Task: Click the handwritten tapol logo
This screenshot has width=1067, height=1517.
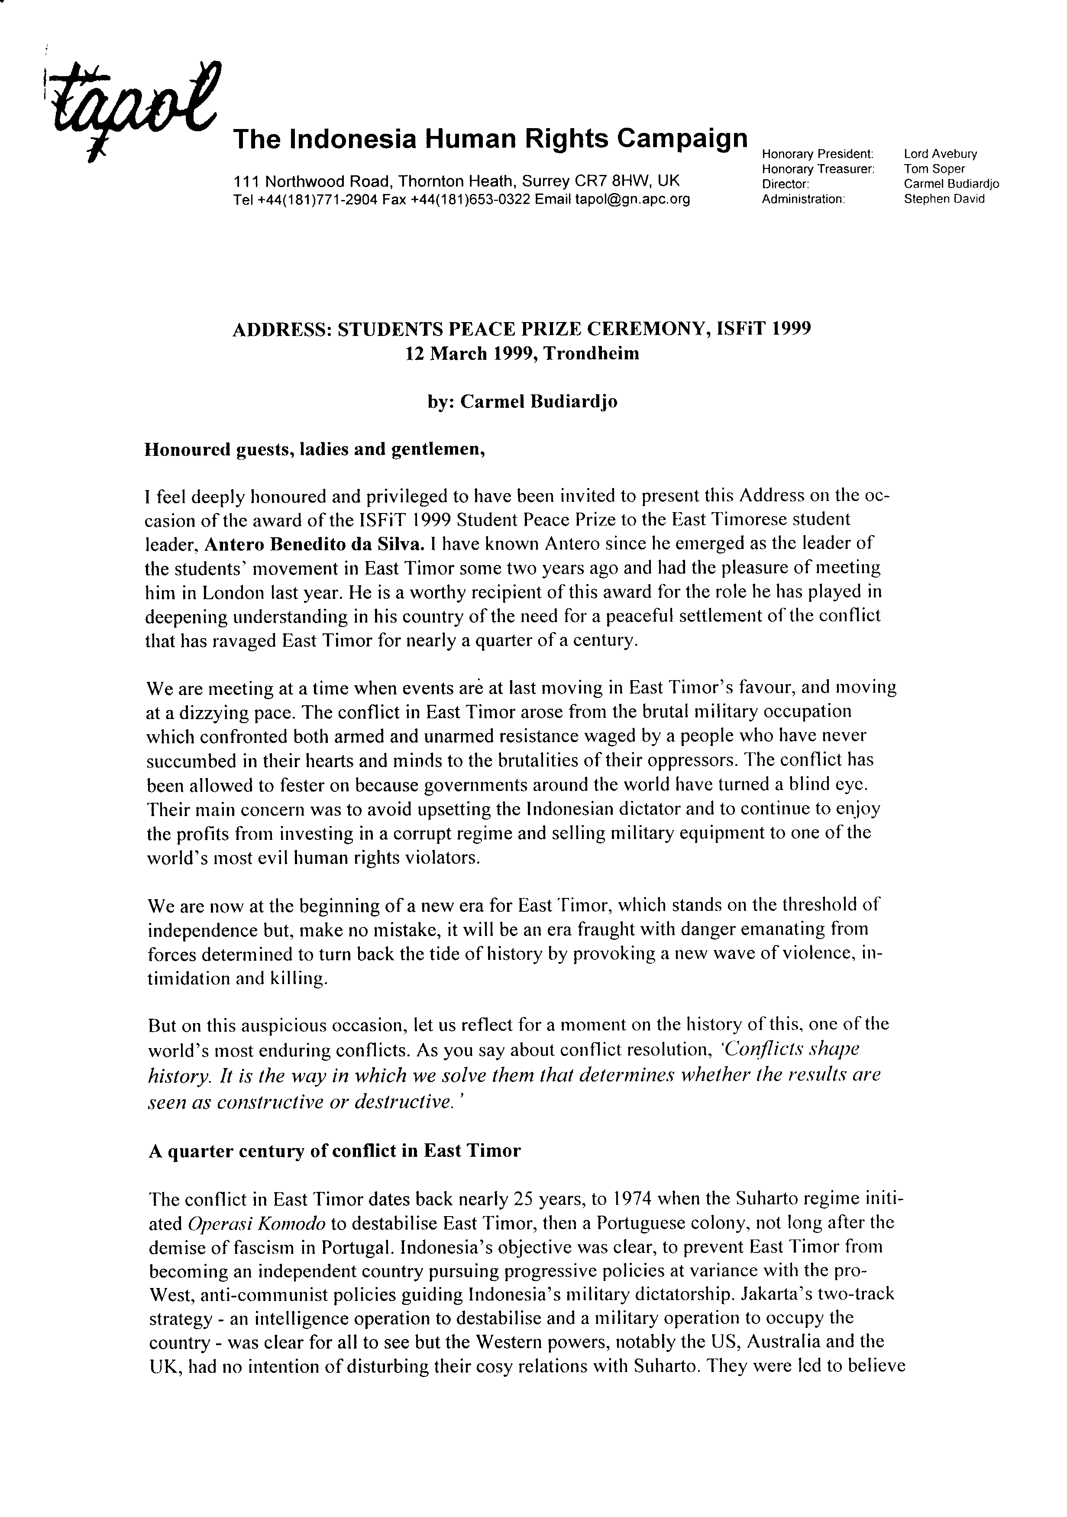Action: (x=129, y=109)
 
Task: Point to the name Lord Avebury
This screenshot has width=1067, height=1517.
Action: (x=940, y=154)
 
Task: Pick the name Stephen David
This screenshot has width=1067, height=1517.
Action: (x=944, y=199)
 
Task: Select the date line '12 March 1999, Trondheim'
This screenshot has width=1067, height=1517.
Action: (x=522, y=353)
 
